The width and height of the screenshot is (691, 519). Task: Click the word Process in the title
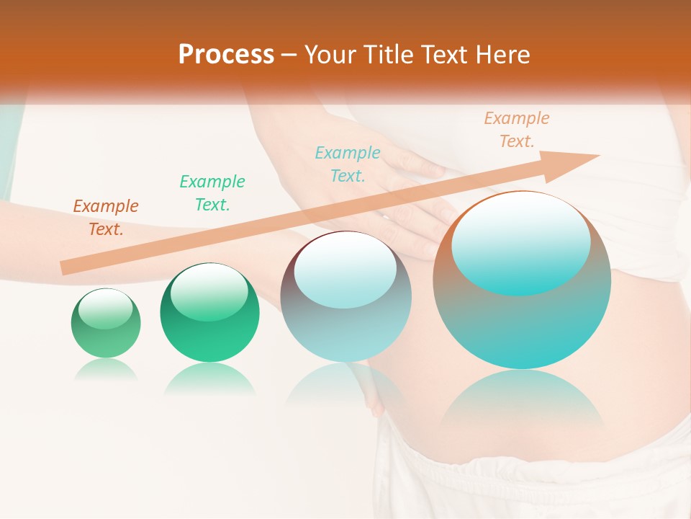[x=226, y=55]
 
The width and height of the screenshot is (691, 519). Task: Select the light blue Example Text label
[x=348, y=164]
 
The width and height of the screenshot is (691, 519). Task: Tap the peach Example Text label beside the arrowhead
[x=517, y=130]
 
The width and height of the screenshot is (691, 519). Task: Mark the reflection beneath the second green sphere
[x=209, y=378]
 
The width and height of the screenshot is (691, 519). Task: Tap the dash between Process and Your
[x=289, y=55]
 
